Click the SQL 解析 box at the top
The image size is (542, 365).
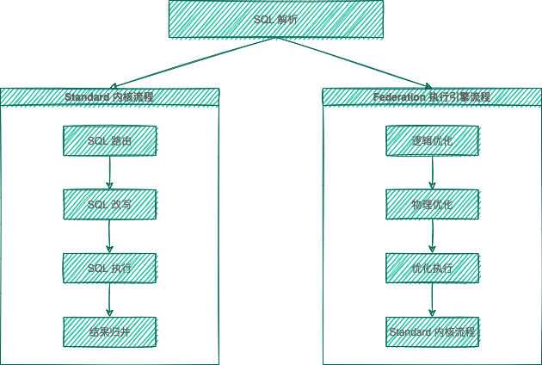[x=274, y=19]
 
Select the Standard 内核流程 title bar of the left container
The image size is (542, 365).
[x=109, y=96]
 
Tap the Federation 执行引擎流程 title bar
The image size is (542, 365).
[x=432, y=96]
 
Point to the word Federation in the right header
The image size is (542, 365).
[x=397, y=97]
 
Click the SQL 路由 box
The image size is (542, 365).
[x=109, y=140]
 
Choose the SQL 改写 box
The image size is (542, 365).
[x=109, y=204]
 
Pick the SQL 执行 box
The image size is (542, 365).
[x=109, y=268]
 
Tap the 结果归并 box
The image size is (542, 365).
[x=109, y=331]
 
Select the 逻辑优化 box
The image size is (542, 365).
[x=432, y=140]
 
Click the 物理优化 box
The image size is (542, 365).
[x=432, y=204]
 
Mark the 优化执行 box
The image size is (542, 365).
[x=432, y=268]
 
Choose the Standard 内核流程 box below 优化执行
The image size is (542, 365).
[x=432, y=331]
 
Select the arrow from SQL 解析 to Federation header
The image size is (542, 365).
[x=354, y=63]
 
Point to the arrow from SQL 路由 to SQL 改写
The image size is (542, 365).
[x=109, y=172]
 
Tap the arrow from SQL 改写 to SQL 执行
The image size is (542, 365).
[x=109, y=236]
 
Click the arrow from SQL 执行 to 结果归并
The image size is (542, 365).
[x=109, y=300]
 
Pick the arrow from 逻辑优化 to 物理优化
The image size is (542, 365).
[x=432, y=172]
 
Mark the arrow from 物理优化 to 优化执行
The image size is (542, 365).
[x=432, y=236]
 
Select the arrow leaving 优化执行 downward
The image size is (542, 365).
[x=432, y=300]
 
